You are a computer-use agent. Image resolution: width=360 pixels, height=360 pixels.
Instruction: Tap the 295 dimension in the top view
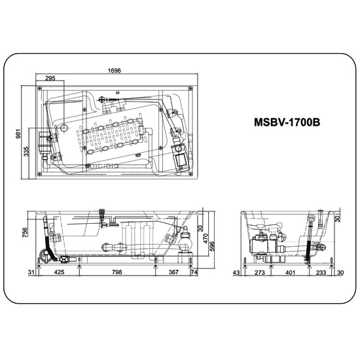pos(50,79)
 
